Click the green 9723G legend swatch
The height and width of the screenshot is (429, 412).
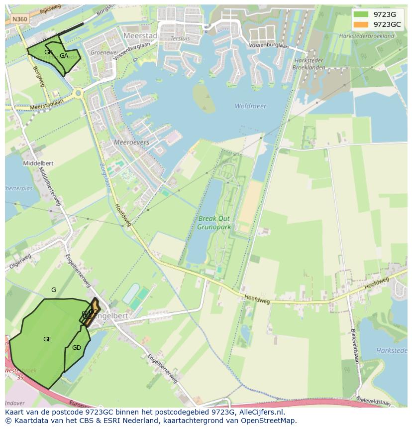click(361, 14)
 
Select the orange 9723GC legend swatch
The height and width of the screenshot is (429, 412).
click(361, 24)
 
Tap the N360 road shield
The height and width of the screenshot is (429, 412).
click(20, 19)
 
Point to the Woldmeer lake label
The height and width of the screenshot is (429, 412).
click(250, 106)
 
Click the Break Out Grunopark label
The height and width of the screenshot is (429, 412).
click(214, 222)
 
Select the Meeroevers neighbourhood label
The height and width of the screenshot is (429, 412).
click(131, 142)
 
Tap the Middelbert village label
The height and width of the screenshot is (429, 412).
click(38, 163)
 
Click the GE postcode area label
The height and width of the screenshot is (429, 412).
click(47, 339)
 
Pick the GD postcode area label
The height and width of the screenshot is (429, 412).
click(76, 348)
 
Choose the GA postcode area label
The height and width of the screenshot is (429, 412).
click(64, 56)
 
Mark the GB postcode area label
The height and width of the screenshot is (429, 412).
click(48, 52)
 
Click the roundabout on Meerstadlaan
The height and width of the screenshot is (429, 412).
click(79, 93)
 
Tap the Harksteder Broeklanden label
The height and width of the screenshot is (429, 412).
click(308, 64)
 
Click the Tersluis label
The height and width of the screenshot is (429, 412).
click(180, 38)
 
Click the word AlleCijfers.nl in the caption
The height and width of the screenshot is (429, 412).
click(260, 412)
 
